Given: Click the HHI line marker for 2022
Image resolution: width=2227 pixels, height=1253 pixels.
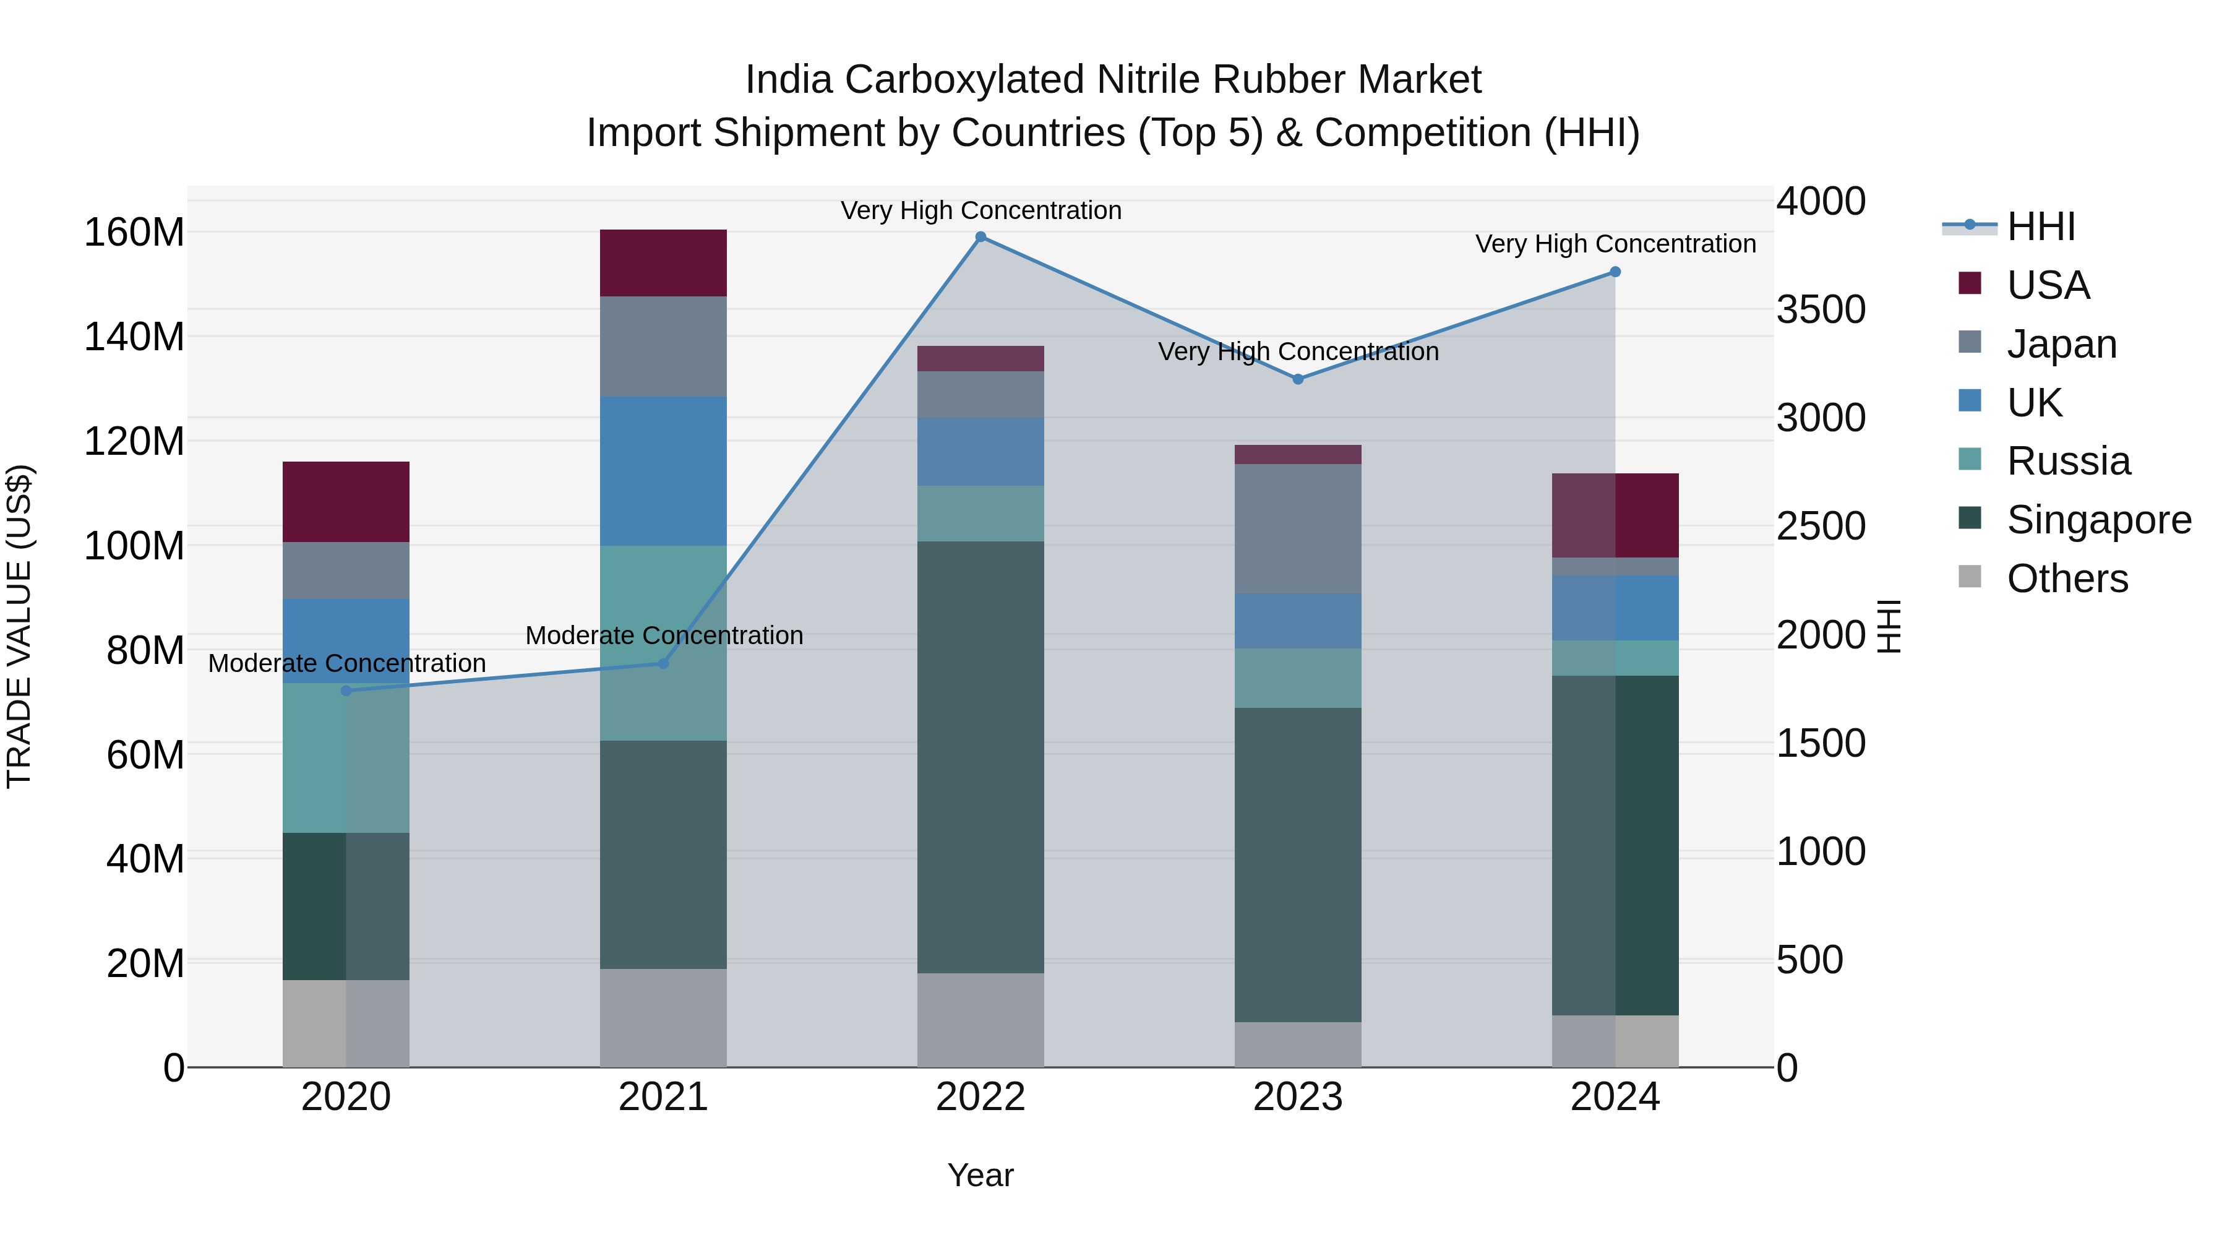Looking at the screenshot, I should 980,237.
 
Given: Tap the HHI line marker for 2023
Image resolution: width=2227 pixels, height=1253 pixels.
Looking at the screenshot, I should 1298,379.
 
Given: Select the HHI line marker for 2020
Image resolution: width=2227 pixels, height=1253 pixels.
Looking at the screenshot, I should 346,690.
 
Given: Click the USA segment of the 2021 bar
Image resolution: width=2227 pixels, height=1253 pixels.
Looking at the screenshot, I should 663,263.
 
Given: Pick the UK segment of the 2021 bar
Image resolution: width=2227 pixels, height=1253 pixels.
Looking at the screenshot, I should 663,471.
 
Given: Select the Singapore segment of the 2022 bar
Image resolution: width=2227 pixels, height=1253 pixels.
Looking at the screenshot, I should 980,757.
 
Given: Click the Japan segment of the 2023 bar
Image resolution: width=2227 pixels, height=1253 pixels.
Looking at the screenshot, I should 1298,528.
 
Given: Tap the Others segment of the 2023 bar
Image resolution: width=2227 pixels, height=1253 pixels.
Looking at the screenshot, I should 1298,1044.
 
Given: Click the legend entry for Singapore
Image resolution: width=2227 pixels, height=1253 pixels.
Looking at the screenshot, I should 2098,520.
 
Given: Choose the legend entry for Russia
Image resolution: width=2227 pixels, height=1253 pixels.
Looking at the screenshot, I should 2068,462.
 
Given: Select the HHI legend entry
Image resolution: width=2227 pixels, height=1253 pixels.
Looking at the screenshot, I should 2040,226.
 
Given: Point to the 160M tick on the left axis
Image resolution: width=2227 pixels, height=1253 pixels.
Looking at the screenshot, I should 134,233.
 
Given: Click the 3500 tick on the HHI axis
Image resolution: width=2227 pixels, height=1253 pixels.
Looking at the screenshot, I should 1821,309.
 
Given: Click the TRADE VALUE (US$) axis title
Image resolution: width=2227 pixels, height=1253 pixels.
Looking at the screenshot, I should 20,626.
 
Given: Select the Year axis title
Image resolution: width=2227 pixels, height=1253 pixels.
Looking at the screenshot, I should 980,1175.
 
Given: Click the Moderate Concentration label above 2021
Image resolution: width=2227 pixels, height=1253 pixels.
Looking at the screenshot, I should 664,635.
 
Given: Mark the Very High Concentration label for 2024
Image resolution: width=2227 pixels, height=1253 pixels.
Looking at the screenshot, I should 1615,244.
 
